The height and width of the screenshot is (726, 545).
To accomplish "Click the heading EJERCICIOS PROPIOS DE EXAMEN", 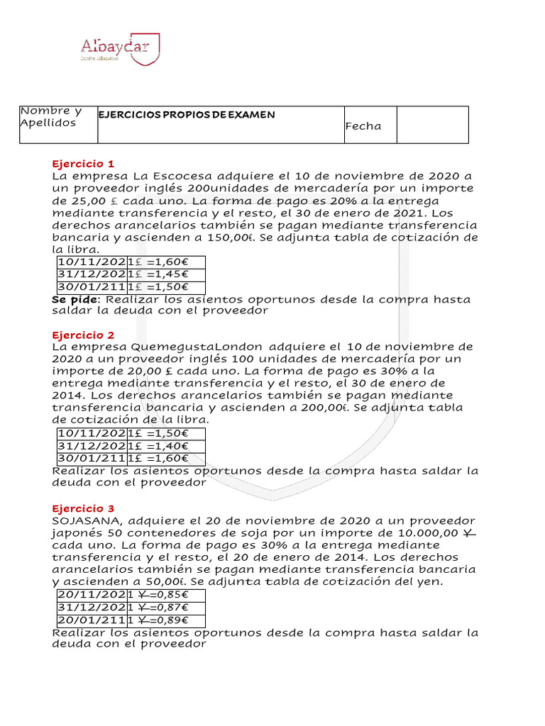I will tap(187, 115).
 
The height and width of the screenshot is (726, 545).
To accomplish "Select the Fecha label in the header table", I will tap(363, 126).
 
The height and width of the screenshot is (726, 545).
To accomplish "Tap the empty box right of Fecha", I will tap(432, 125).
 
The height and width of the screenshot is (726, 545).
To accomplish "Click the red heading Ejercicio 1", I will tap(83, 163).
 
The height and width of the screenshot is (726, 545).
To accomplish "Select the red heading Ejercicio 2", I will tap(83, 335).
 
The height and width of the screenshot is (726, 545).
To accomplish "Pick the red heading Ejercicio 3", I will tap(83, 508).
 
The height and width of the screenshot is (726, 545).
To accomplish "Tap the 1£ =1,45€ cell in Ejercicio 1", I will tap(166, 275).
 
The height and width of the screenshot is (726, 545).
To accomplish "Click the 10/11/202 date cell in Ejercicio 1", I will tap(92, 263).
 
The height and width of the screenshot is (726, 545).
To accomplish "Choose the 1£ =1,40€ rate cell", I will tap(166, 446).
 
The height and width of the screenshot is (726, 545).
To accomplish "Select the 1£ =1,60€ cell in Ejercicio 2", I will tap(166, 459).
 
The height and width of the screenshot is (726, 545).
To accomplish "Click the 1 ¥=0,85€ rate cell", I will tap(166, 595).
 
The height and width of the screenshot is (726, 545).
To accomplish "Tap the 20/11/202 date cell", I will tap(92, 595).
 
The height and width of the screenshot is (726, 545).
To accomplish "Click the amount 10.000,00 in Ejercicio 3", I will tap(419, 532).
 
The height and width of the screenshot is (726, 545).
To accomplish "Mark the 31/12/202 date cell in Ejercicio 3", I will tap(92, 608).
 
